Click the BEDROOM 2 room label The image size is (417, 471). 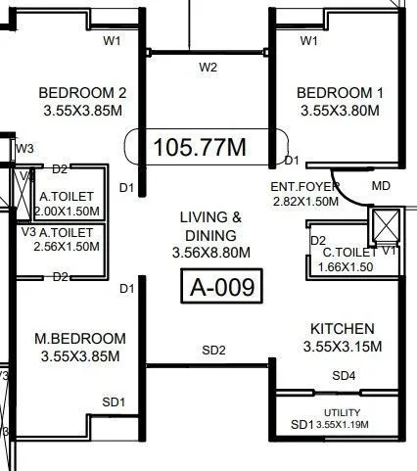pos(83,93)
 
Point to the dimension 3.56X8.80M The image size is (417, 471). pos(208,253)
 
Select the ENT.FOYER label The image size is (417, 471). pos(304,185)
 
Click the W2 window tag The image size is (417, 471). pos(208,68)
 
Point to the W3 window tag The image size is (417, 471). pos(24,148)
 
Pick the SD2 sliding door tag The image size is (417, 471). pos(213,350)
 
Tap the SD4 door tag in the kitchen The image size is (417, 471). pos(344,376)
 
